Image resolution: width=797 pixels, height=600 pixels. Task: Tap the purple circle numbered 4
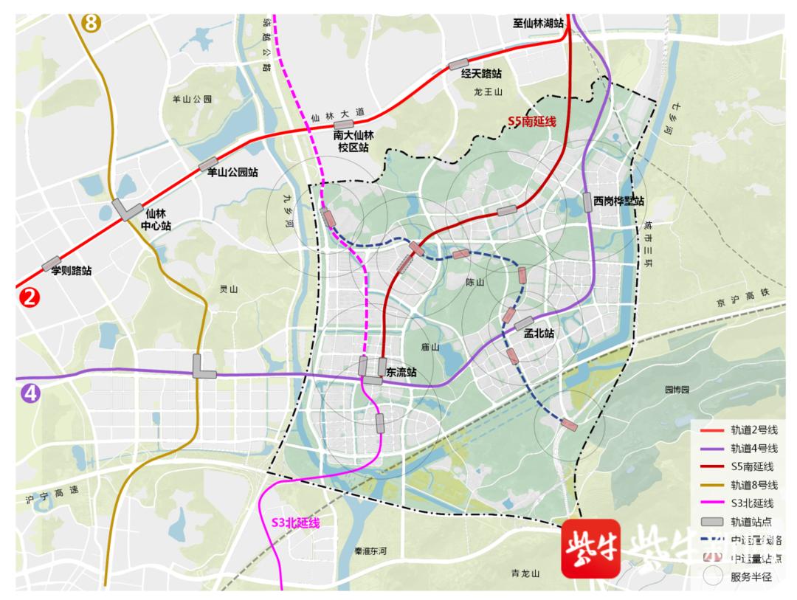(30, 393)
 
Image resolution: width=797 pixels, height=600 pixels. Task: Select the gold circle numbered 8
(92, 22)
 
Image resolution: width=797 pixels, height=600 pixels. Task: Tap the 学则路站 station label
(71, 271)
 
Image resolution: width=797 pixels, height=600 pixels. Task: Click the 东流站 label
(401, 373)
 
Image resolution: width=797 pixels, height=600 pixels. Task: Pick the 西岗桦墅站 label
(618, 201)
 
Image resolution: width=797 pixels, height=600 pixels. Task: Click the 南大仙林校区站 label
(354, 141)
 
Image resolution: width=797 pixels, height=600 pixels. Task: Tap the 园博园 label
(675, 389)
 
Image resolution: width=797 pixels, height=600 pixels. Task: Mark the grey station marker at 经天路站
(459, 64)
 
